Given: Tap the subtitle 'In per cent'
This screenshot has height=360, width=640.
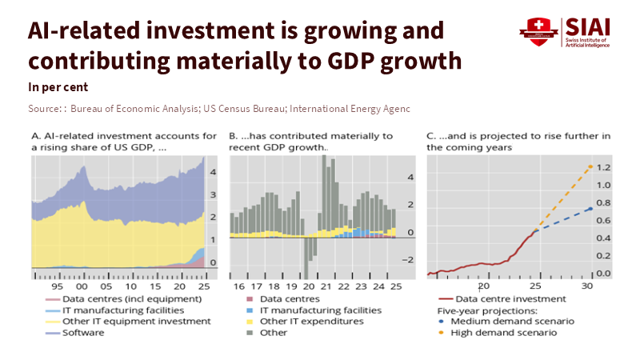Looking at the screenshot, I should pyautogui.click(x=58, y=86).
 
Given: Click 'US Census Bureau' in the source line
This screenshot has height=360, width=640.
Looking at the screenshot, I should pyautogui.click(x=242, y=108).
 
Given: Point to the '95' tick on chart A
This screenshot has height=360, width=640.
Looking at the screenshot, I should pyautogui.click(x=58, y=286).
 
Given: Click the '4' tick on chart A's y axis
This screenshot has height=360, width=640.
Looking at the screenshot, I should pyautogui.click(x=213, y=172).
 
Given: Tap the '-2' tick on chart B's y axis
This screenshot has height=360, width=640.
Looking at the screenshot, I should pyautogui.click(x=407, y=260).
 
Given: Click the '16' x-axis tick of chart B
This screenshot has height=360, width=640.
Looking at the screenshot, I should pyautogui.click(x=238, y=286).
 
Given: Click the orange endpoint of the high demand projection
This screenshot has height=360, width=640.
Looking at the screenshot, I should pyautogui.click(x=590, y=166).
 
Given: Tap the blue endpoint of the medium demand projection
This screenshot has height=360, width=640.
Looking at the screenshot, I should pyautogui.click(x=590, y=208).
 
